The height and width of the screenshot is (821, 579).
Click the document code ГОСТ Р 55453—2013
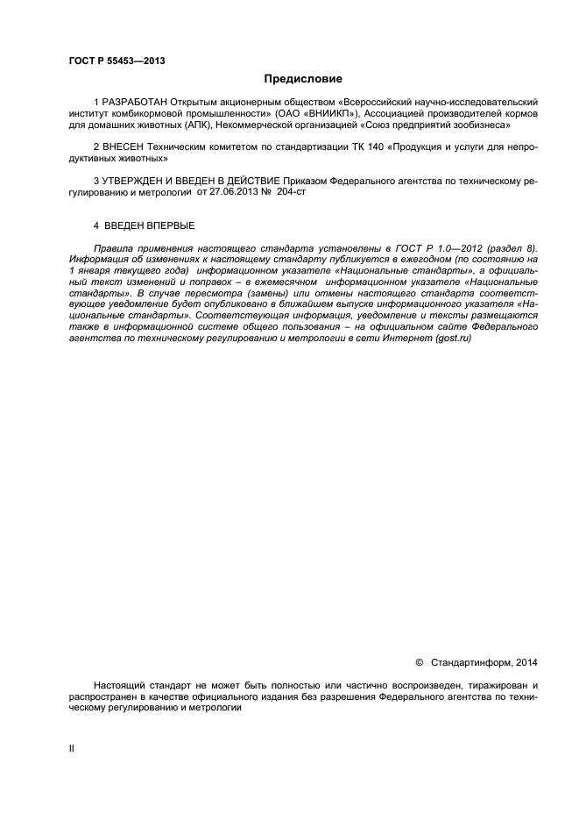coord(117,61)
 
